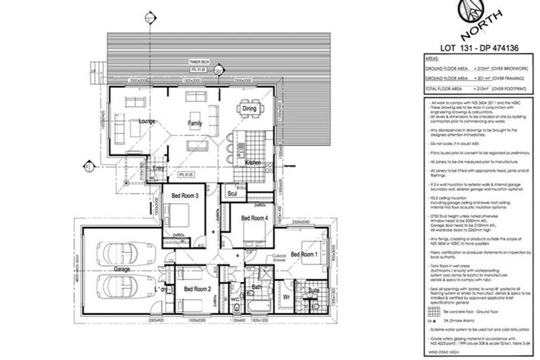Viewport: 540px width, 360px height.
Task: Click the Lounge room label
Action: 146,122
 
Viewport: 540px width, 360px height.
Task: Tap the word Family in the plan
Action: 195,123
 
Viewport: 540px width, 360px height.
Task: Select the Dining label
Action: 250,109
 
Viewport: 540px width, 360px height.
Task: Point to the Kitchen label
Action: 253,162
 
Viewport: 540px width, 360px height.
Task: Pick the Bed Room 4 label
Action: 255,219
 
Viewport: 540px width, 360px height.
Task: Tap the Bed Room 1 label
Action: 305,254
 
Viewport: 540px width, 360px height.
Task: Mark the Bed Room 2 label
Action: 198,288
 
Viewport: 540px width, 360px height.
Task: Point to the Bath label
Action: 257,287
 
